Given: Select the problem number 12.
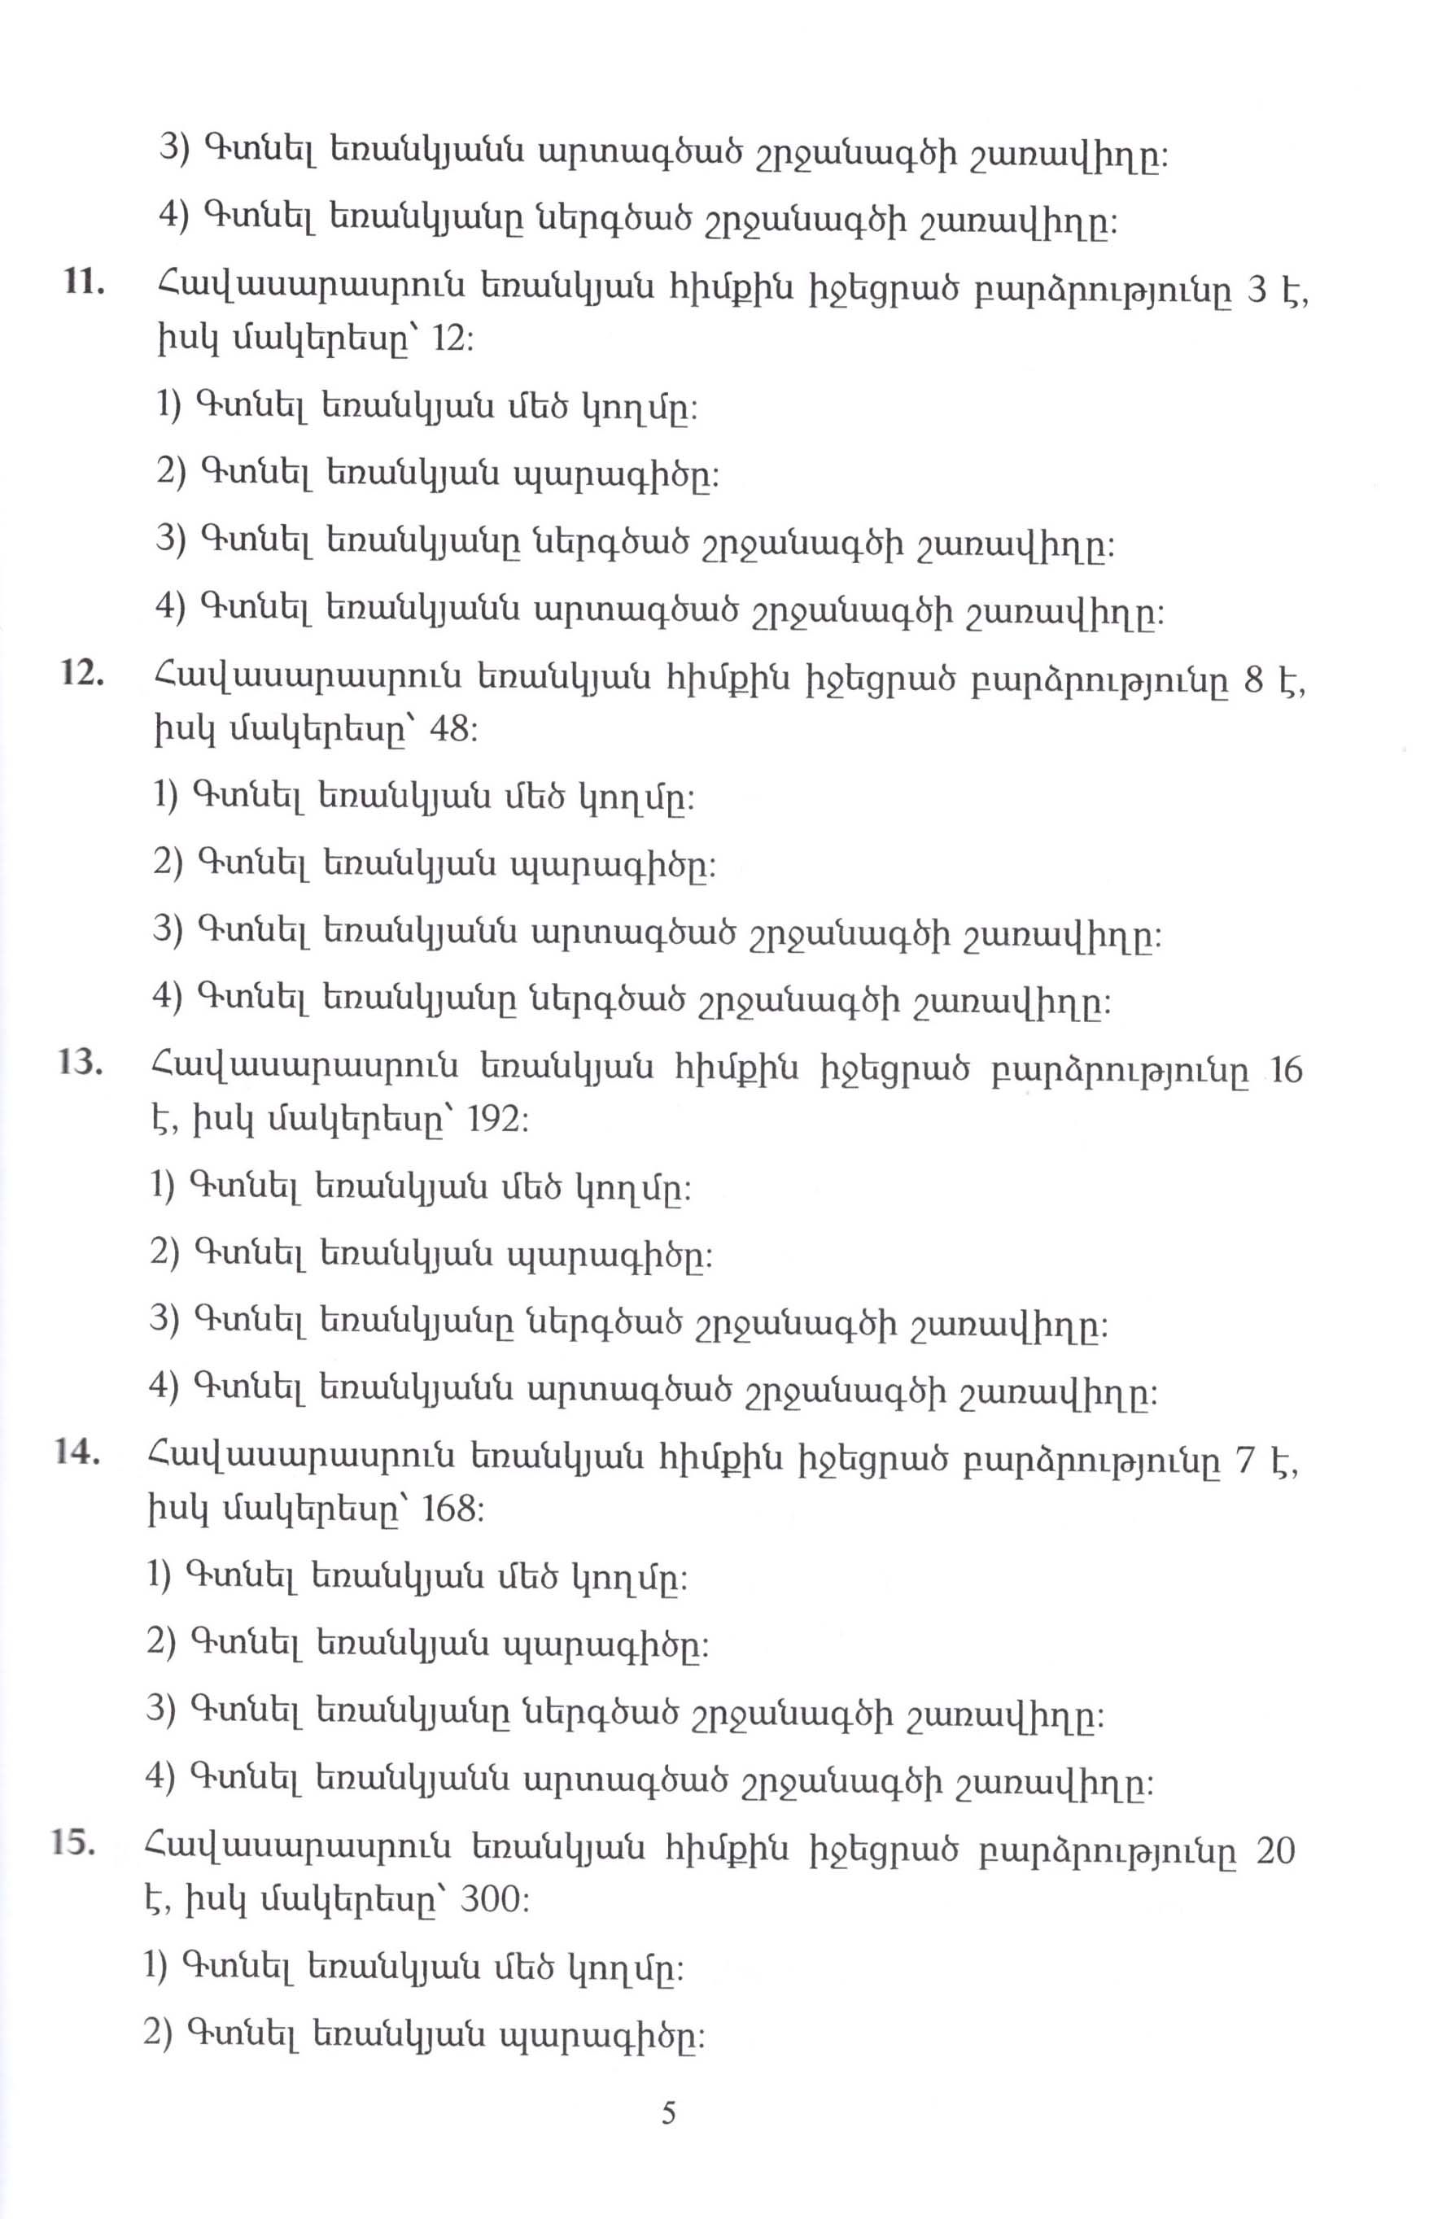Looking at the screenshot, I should click(81, 672).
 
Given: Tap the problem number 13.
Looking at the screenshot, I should click(79, 1063).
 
